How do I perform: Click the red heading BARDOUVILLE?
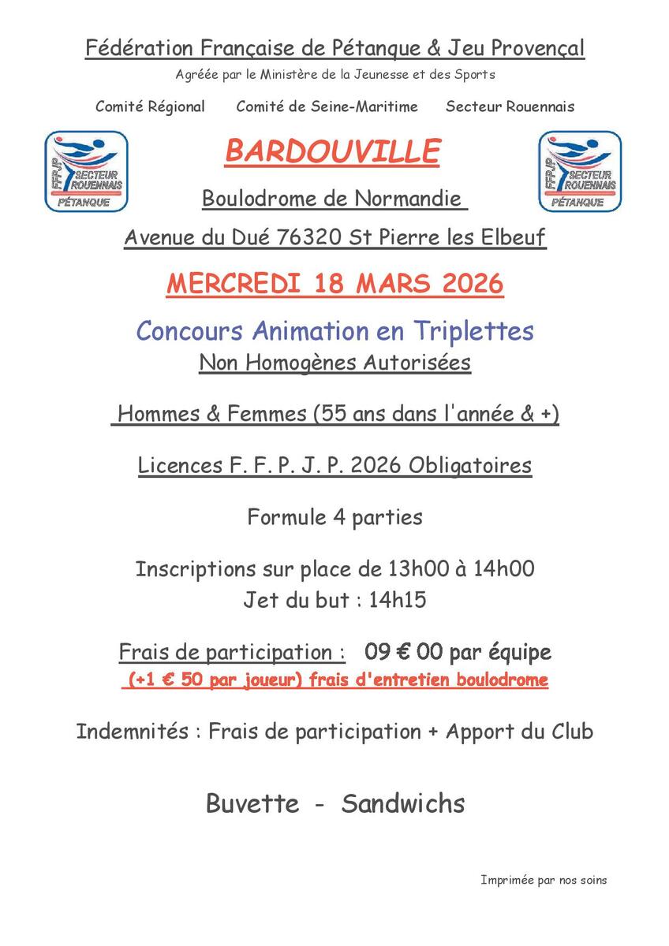[x=332, y=151]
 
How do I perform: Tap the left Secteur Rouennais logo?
[x=86, y=172]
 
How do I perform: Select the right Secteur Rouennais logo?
[x=580, y=172]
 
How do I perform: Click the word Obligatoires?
[x=470, y=465]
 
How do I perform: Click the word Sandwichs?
[x=403, y=803]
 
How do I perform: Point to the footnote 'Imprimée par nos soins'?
[x=544, y=880]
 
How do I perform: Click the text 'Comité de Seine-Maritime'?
[x=327, y=106]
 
